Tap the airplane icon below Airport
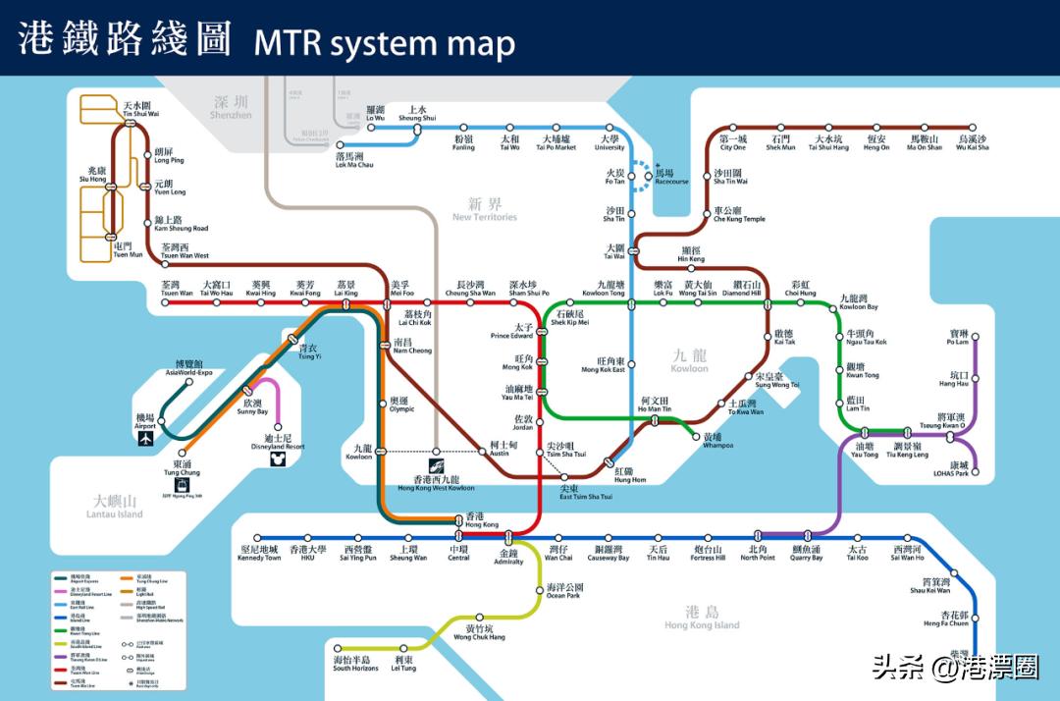[x=147, y=439]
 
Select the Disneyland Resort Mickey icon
[x=277, y=459]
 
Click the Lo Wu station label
[x=376, y=114]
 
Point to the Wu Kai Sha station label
[x=972, y=143]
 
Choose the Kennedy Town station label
[x=259, y=553]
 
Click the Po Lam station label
[x=957, y=338]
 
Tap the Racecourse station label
[x=671, y=177]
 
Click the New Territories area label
[x=484, y=209]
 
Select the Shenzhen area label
[x=231, y=107]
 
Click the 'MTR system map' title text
[x=384, y=42]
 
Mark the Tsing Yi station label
[x=308, y=351]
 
